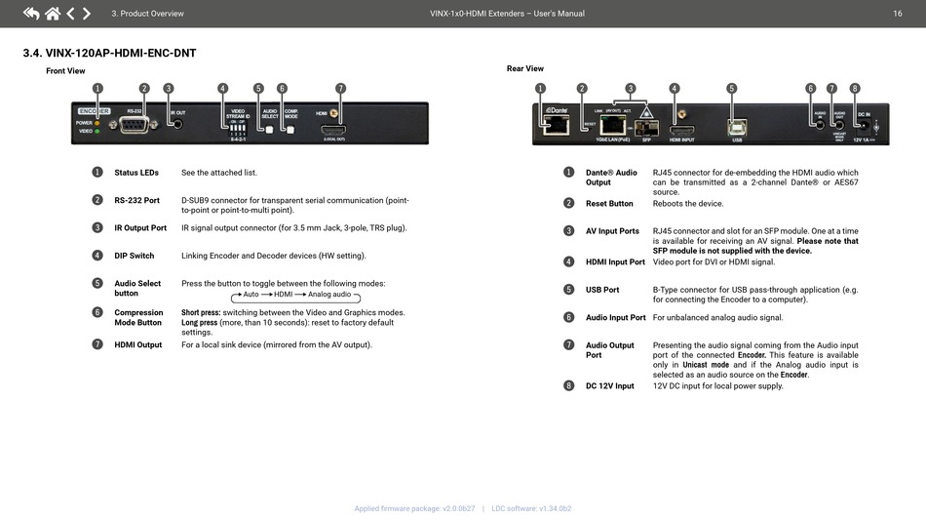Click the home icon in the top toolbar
[x=52, y=14]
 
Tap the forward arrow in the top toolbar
[x=87, y=14]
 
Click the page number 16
[x=897, y=14]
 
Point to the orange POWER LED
[x=97, y=123]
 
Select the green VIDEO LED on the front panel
[x=97, y=131]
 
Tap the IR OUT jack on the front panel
[x=177, y=126]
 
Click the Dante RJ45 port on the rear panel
[x=555, y=126]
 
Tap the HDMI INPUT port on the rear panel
[x=681, y=129]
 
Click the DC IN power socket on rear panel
[x=863, y=126]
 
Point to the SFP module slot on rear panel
[x=646, y=128]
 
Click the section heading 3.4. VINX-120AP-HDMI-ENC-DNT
[x=109, y=53]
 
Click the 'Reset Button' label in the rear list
[x=609, y=204]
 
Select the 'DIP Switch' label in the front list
[x=134, y=256]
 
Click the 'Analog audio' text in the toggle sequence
[x=328, y=295]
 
